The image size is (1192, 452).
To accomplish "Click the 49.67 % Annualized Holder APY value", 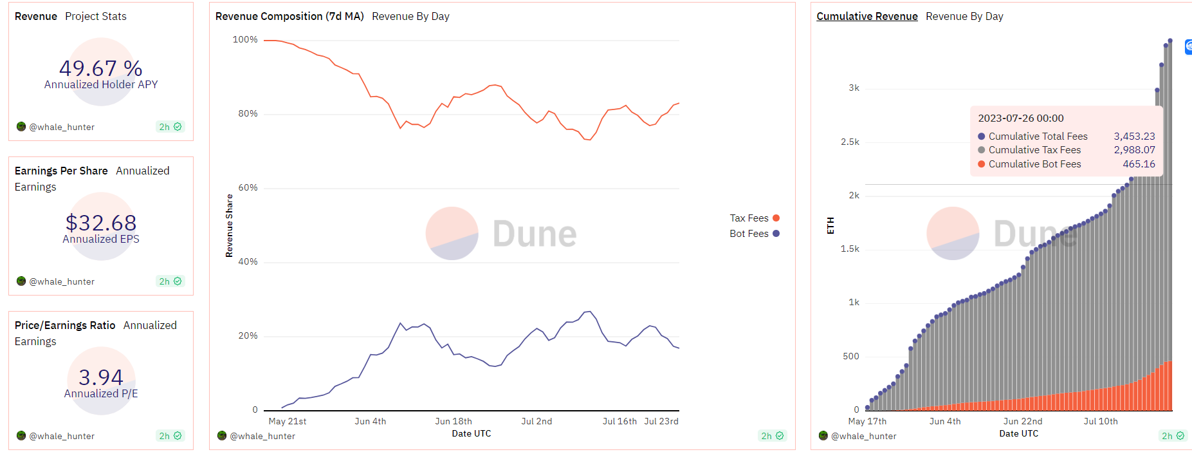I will (101, 68).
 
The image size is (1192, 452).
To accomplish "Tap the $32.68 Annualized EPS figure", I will (101, 223).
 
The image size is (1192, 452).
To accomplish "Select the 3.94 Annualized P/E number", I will (101, 377).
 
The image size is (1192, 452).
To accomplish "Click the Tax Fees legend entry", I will (749, 218).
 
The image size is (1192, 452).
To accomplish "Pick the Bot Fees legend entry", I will (749, 234).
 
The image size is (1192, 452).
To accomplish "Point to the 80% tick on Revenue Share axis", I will (248, 114).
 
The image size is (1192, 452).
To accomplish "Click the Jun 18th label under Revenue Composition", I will (454, 422).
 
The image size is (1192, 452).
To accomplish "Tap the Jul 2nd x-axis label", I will (536, 422).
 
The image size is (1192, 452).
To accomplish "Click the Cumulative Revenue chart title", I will (866, 17).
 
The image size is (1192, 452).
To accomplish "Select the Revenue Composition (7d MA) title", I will (289, 17).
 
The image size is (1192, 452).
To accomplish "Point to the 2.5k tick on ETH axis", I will (850, 142).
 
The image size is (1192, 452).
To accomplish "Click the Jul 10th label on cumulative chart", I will (1101, 422).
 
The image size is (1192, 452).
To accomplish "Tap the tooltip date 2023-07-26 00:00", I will (1021, 118).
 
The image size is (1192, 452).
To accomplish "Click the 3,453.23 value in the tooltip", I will (1134, 137).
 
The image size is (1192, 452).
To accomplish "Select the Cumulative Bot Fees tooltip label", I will (1034, 164).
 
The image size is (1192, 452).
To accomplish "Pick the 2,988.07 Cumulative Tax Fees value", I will (1134, 150).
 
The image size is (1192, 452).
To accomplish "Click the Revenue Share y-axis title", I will (230, 225).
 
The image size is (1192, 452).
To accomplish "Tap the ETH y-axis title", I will (830, 225).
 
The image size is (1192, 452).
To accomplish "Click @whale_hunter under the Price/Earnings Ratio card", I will (62, 437).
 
